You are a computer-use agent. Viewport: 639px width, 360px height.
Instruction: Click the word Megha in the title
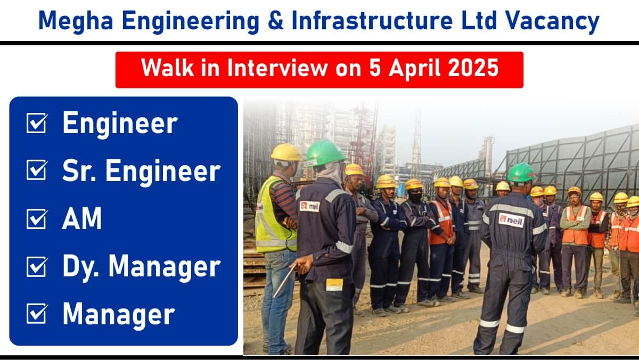pos(76,21)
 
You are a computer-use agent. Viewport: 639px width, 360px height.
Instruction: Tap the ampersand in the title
pos(276,20)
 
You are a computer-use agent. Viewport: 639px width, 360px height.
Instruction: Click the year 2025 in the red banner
pos(473,68)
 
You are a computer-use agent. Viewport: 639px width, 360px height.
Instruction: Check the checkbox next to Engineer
pos(37,122)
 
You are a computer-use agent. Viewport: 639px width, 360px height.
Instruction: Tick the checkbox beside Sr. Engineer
pos(37,170)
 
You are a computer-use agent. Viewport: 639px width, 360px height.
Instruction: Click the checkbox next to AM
pos(37,218)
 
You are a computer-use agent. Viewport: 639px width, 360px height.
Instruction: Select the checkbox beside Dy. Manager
pos(37,266)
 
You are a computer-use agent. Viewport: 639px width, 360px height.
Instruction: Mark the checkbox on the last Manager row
pos(37,313)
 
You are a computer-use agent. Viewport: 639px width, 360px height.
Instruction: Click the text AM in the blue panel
pos(82,218)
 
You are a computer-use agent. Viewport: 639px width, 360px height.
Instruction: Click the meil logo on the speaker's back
pos(512,220)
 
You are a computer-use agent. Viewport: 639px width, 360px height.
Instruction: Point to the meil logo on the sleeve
pos(309,206)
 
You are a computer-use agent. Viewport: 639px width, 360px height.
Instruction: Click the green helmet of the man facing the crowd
pos(521,173)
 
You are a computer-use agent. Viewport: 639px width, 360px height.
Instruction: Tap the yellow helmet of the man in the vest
pos(286,153)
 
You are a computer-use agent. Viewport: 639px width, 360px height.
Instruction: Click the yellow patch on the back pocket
pos(334,284)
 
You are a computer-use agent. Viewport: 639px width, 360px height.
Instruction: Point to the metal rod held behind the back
pos(285,281)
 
